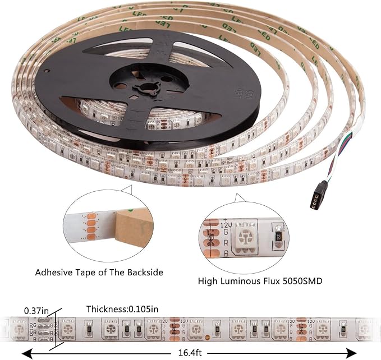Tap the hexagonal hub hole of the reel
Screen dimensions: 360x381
tap(146, 87)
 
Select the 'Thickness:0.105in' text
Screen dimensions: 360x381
tap(122, 309)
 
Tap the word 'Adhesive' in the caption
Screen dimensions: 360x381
tap(56, 273)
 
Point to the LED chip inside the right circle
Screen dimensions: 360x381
tap(245, 237)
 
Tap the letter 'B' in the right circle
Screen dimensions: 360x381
tap(226, 253)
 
